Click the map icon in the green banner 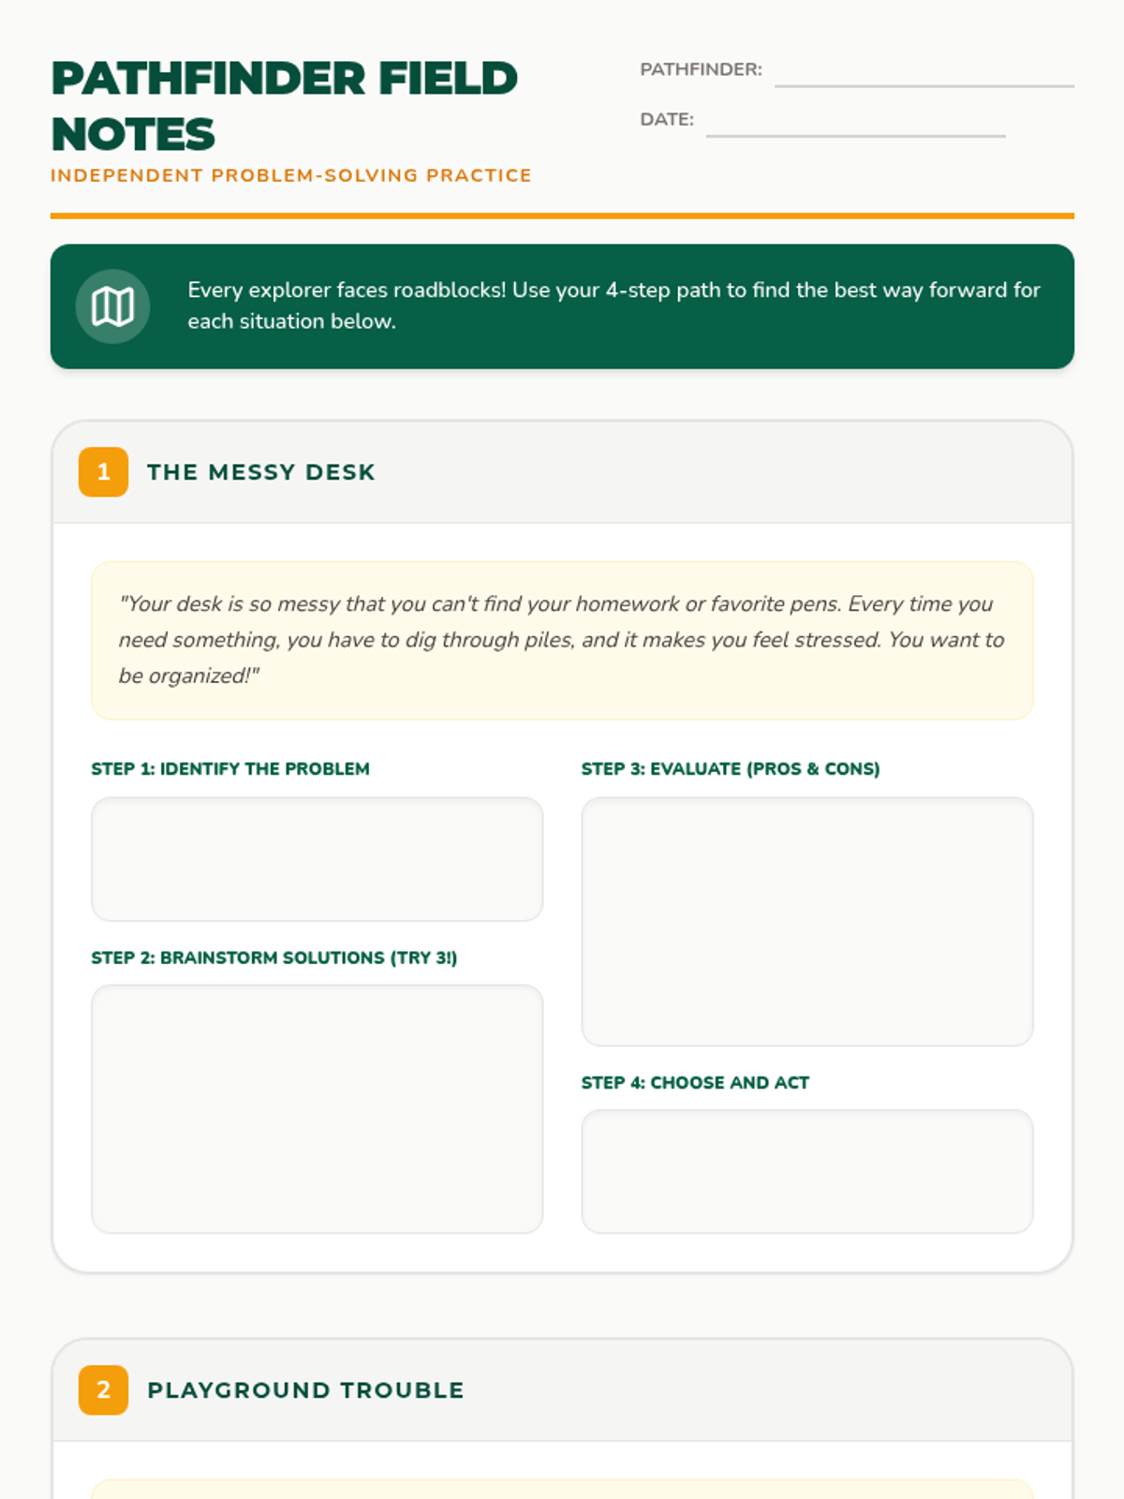tap(112, 306)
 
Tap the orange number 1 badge tap(103, 472)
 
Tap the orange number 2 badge tap(103, 1389)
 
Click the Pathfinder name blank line tap(924, 86)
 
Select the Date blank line tap(855, 136)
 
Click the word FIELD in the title tap(448, 78)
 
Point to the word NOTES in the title tap(133, 134)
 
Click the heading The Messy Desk tap(261, 472)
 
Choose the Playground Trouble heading tap(305, 1389)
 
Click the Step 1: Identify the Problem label tap(230, 769)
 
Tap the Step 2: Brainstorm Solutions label tap(274, 957)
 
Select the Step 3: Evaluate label tap(731, 769)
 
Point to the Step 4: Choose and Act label tap(695, 1082)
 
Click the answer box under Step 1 tap(318, 859)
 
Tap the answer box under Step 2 tap(318, 1108)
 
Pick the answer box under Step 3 tap(807, 921)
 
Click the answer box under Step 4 tap(807, 1171)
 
